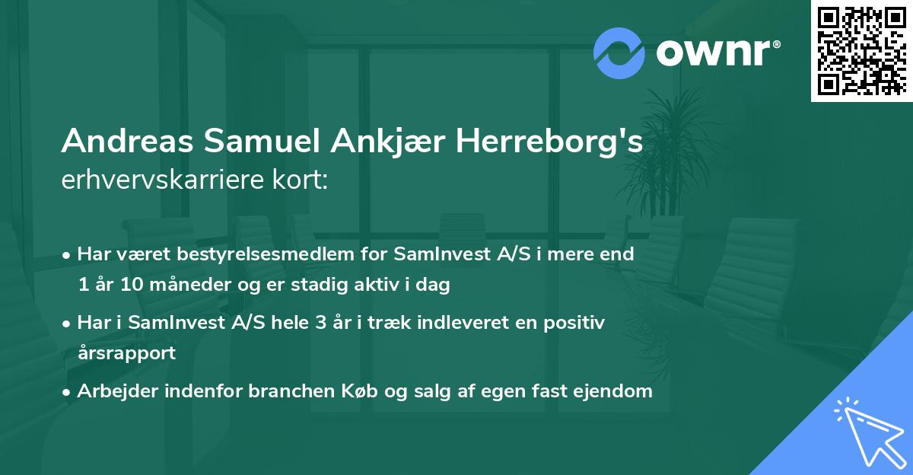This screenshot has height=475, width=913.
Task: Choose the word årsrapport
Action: click(126, 353)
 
